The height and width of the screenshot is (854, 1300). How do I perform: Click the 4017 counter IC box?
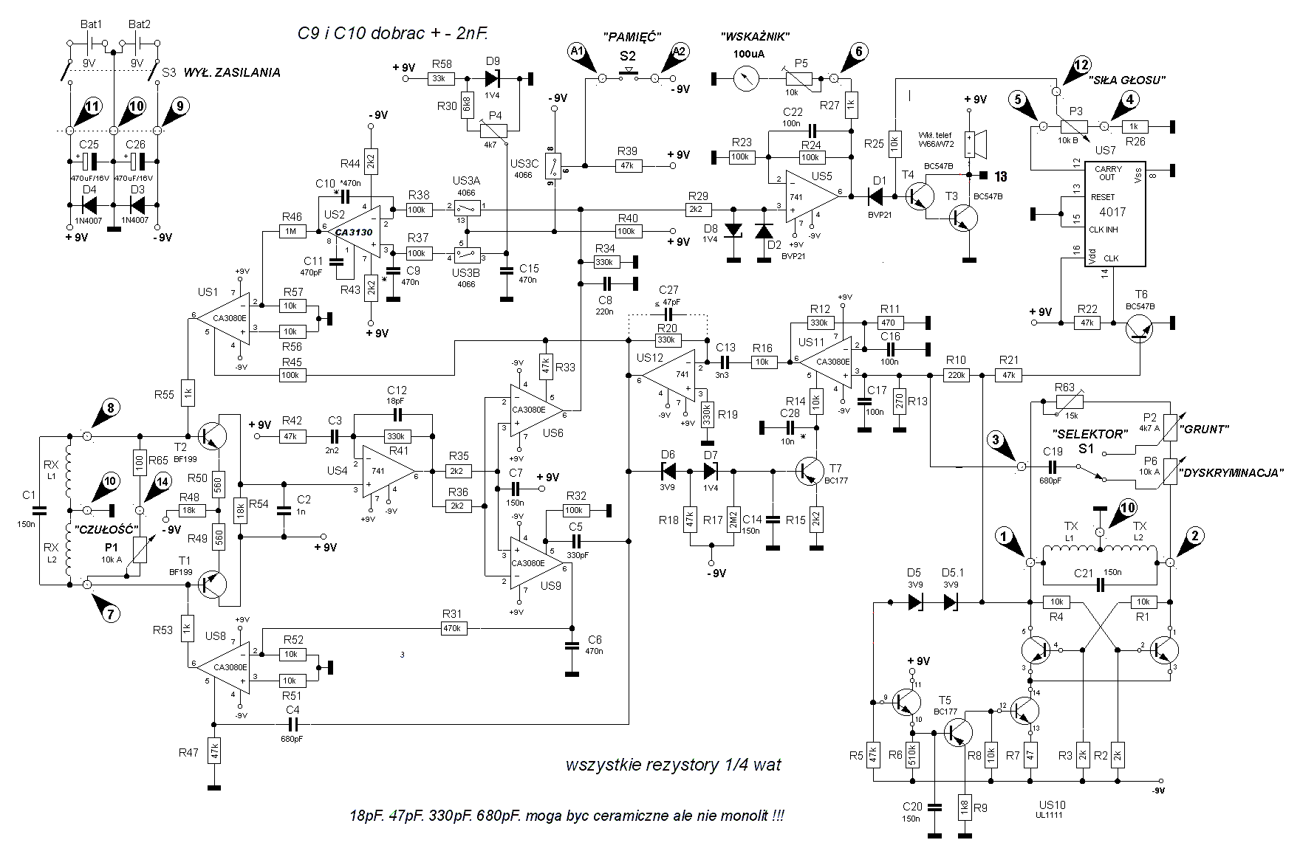pyautogui.click(x=1115, y=213)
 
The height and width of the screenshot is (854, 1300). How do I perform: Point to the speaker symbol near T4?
pyautogui.click(x=979, y=145)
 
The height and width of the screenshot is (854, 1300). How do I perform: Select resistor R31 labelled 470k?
pyautogui.click(x=452, y=628)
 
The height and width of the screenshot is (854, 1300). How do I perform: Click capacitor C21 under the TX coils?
pyautogui.click(x=1100, y=585)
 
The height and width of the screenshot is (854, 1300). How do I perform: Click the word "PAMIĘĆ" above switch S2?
pyautogui.click(x=632, y=37)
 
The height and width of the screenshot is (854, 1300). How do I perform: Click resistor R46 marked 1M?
pyautogui.click(x=291, y=231)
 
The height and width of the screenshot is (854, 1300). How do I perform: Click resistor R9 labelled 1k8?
pyautogui.click(x=965, y=805)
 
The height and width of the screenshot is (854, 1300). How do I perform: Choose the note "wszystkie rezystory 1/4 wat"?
pyautogui.click(x=673, y=765)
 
